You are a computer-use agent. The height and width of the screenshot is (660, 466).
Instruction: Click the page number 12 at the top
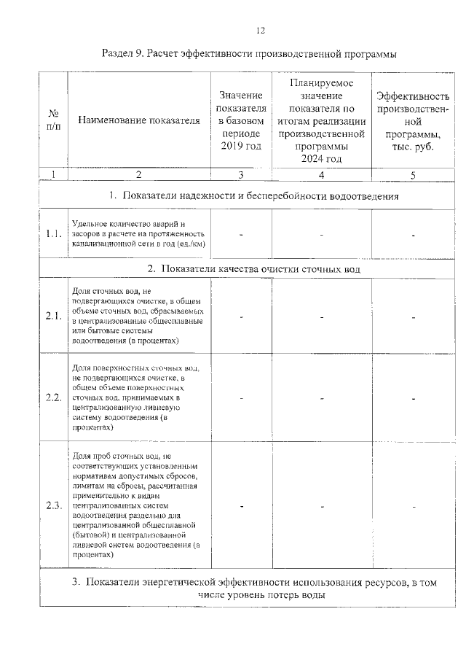click(261, 30)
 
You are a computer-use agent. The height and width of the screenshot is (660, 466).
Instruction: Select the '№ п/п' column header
click(52, 120)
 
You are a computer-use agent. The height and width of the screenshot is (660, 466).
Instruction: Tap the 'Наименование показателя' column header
click(138, 120)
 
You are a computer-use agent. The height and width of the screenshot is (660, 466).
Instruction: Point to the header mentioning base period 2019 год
click(240, 120)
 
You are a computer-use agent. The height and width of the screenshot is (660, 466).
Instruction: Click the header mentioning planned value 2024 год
click(320, 120)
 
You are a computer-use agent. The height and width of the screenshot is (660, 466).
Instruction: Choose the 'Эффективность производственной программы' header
click(412, 120)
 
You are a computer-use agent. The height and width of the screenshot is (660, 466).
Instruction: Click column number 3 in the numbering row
click(240, 175)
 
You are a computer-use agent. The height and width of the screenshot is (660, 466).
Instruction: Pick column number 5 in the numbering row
click(412, 175)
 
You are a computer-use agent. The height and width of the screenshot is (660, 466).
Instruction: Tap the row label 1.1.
click(52, 234)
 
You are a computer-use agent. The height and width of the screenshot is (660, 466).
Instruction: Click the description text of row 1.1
click(138, 233)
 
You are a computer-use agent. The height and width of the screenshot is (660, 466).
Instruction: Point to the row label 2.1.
click(52, 317)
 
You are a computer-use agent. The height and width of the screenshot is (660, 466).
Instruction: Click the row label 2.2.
click(52, 397)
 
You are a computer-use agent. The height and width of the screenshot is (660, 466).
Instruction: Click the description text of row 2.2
click(138, 397)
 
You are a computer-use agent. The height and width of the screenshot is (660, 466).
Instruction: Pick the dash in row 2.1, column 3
click(240, 317)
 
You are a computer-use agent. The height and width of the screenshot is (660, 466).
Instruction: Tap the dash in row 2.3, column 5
click(412, 506)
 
